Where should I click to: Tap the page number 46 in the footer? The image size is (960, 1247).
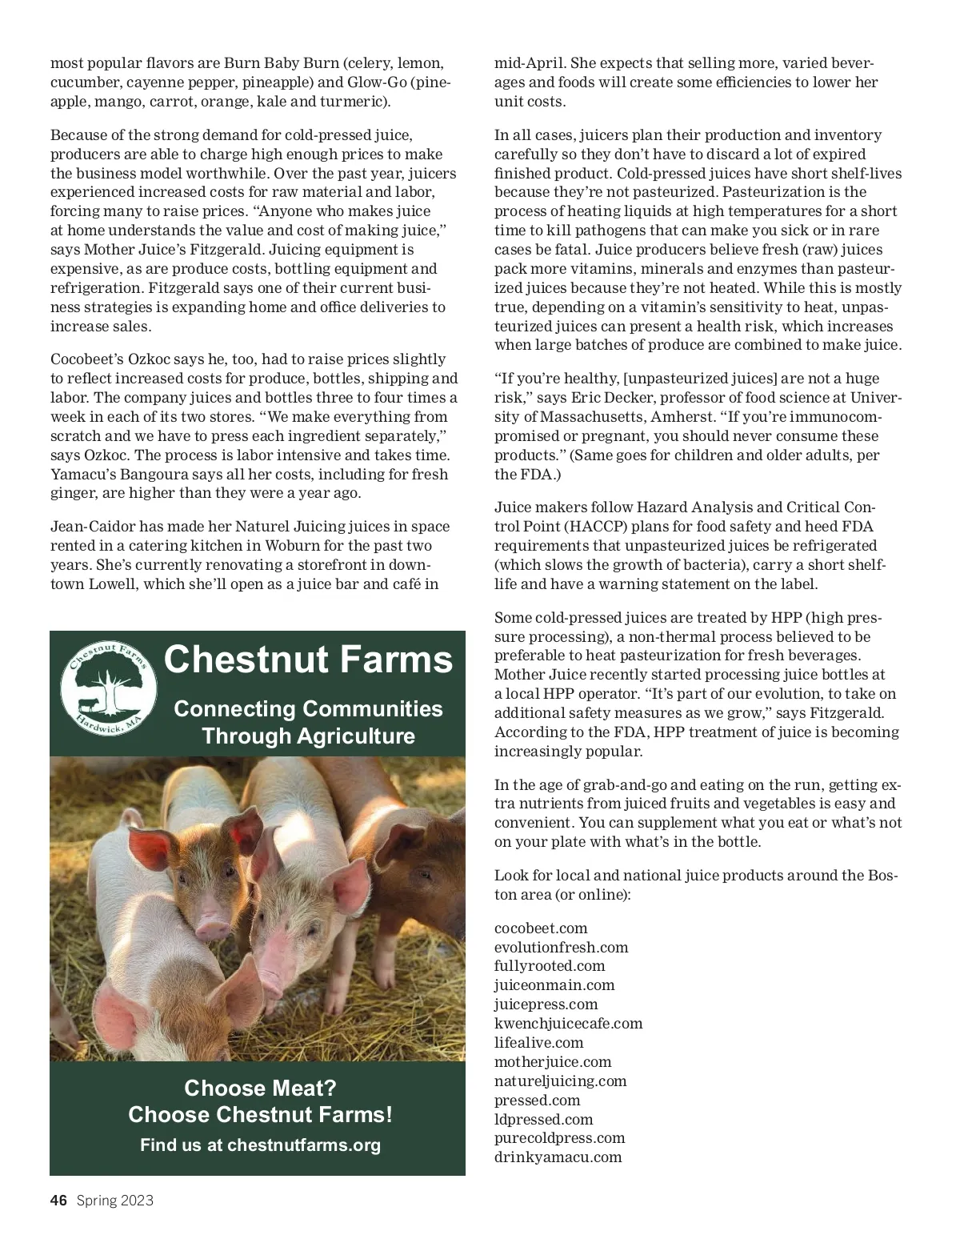point(58,1201)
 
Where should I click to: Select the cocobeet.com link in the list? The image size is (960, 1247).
point(541,928)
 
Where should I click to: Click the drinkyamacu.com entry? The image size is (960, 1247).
point(558,1157)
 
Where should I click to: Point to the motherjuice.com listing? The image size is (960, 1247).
point(553,1062)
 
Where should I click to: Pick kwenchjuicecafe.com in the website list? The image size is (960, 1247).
point(568,1024)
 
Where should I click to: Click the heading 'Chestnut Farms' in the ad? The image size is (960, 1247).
point(308,660)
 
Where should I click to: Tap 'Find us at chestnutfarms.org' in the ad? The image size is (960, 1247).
point(260,1145)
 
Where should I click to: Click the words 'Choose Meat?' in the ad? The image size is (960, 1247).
point(260,1089)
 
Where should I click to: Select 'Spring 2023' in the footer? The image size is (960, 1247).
point(114,1201)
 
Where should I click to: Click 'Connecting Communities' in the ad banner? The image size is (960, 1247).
point(308,709)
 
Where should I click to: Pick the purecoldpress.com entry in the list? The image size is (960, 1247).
point(559,1138)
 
